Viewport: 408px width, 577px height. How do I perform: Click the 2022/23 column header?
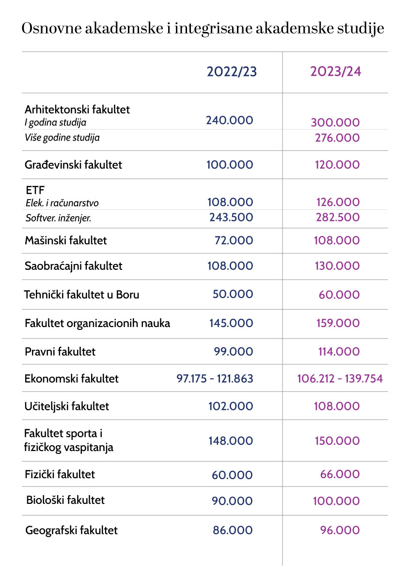pos(232,72)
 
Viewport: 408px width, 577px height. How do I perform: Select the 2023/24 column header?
pos(336,72)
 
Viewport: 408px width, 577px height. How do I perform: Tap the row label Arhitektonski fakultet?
pos(77,109)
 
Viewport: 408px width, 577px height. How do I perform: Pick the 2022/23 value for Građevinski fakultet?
pos(230,165)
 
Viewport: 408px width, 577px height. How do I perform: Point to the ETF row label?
pos(34,190)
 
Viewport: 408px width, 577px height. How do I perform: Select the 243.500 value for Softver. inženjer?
pos(231,218)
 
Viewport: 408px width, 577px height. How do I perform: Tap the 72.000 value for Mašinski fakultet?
pos(234,240)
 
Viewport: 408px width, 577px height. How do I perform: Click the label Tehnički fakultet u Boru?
pos(82,294)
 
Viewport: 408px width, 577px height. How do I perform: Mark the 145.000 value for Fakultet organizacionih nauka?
pos(231,323)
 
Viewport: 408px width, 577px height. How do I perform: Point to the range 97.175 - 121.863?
pos(215,379)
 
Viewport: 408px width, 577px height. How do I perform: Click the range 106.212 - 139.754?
pos(340,379)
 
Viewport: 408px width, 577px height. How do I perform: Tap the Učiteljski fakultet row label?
pos(67,406)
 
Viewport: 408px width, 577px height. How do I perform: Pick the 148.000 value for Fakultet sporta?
pos(231,441)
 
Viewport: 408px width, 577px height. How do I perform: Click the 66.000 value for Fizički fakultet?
pos(340,475)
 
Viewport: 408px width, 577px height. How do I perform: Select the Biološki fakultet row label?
pos(65,499)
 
